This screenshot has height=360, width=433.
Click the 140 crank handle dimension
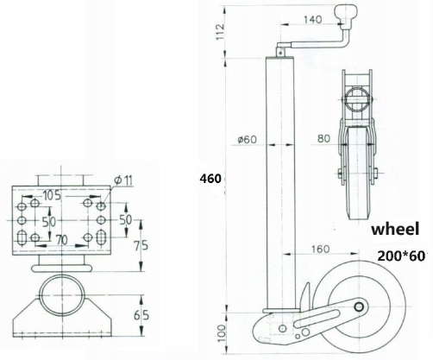click(313, 20)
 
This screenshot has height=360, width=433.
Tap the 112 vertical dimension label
click(220, 32)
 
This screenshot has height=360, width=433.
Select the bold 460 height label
click(210, 179)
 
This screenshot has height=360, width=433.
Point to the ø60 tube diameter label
click(247, 140)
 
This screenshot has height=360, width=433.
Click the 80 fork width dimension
click(323, 139)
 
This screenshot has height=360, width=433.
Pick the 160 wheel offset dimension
click(320, 249)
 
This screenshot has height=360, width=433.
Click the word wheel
click(395, 230)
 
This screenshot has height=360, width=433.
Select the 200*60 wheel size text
click(401, 256)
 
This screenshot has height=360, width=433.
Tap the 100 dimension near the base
click(221, 333)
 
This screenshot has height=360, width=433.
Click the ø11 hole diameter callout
click(123, 180)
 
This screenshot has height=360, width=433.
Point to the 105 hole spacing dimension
click(52, 196)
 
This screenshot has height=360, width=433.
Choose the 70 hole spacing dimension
click(62, 240)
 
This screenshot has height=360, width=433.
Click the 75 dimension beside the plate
click(141, 245)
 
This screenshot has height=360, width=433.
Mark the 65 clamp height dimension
click(141, 316)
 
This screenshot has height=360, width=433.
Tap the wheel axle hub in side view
click(359, 307)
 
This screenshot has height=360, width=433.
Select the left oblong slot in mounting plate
click(22, 237)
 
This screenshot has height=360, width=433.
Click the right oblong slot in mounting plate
click(101, 237)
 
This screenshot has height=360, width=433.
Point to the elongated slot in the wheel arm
click(316, 319)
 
